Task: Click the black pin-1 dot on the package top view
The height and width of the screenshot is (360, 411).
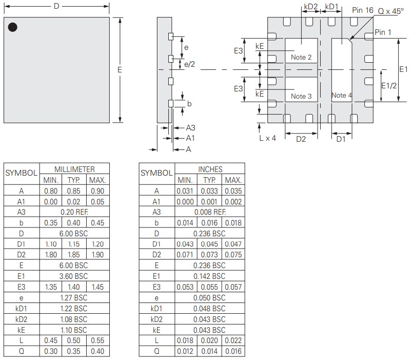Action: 13,27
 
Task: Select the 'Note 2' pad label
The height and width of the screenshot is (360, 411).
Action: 301,57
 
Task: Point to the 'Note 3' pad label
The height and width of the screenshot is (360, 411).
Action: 301,96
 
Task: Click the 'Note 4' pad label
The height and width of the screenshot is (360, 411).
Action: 342,95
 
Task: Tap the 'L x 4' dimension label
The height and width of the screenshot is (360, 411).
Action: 267,138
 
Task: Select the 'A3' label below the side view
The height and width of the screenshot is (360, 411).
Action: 190,127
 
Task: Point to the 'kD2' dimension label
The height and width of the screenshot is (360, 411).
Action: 311,7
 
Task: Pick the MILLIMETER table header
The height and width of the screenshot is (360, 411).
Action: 74,169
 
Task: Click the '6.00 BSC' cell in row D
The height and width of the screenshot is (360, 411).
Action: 74,234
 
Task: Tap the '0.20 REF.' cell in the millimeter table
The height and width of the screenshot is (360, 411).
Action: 74,212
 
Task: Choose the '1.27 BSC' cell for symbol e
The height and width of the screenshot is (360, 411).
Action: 74,298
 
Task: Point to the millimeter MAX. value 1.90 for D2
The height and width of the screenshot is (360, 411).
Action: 97,255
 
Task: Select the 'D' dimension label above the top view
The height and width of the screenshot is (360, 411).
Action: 56,6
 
